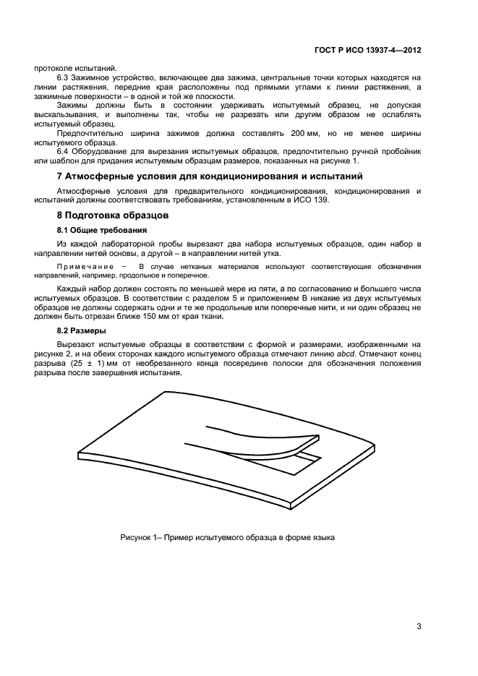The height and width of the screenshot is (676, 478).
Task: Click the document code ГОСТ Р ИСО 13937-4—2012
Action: (x=374, y=51)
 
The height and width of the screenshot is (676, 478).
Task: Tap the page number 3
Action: (x=419, y=626)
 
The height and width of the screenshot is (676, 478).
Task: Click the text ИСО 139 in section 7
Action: (x=312, y=200)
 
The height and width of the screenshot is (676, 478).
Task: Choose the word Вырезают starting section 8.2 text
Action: (x=77, y=345)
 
